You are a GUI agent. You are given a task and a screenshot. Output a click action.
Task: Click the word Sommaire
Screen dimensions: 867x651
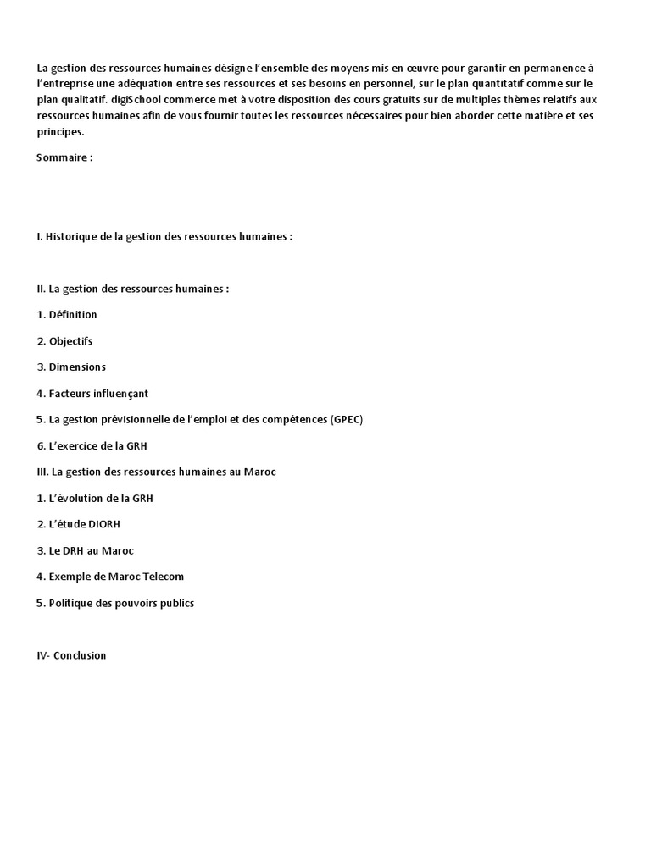click(x=60, y=157)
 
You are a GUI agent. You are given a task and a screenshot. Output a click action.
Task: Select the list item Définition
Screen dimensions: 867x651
click(x=73, y=315)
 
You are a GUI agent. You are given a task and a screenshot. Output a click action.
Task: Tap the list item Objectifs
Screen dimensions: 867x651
click(x=70, y=341)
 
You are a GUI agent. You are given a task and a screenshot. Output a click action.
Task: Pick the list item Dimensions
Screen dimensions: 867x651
click(x=77, y=367)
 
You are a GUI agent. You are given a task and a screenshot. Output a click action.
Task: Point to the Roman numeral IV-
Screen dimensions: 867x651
click(x=43, y=655)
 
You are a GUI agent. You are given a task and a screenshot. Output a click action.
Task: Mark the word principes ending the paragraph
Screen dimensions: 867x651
click(x=60, y=132)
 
